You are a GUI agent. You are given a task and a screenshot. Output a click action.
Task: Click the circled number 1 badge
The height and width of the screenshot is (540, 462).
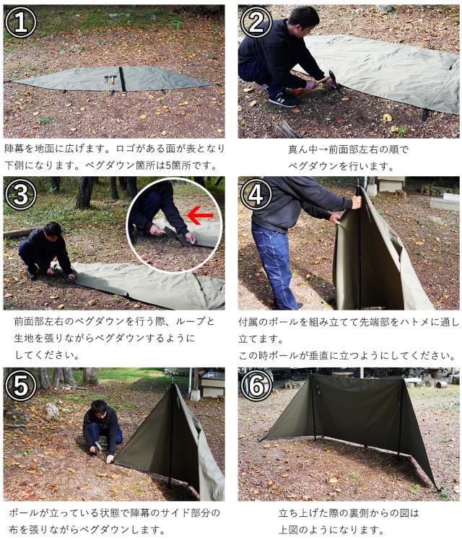[x=21, y=22]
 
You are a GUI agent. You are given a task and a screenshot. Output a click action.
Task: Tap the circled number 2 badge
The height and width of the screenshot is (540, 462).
[x=256, y=22]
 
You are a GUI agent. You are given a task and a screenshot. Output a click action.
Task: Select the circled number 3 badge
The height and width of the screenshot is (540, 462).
[x=21, y=195]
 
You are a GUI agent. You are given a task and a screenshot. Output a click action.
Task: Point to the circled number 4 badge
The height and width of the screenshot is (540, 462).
[x=256, y=195]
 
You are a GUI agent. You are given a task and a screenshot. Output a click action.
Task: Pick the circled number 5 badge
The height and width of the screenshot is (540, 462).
[x=21, y=386]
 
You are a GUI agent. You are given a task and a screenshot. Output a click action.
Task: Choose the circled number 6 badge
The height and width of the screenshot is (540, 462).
[x=256, y=386]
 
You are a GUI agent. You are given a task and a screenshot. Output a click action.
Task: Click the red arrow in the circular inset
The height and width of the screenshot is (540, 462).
[x=200, y=216]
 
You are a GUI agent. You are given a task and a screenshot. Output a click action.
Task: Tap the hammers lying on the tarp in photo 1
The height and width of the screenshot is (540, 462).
[x=109, y=80]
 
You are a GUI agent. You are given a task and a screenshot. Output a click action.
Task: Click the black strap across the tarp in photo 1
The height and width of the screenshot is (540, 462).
[x=122, y=79]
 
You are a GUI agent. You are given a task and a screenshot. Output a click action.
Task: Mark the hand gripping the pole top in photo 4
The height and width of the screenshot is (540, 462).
[x=357, y=201]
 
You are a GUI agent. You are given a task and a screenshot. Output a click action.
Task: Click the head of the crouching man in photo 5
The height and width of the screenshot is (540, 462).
[x=100, y=409]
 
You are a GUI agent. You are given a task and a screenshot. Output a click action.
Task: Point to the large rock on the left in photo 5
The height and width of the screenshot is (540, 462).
[x=52, y=411]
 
